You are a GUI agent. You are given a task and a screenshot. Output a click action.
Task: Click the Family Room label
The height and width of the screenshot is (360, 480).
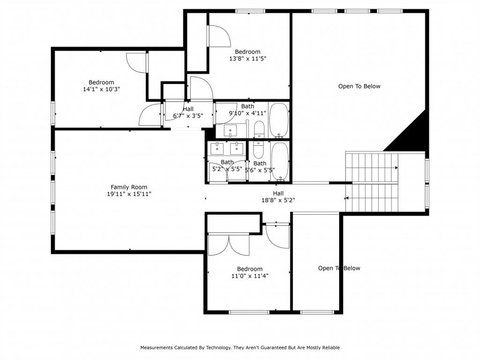pyautogui.click(x=129, y=187)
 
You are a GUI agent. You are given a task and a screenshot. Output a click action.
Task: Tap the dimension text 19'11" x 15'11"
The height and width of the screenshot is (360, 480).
pyautogui.click(x=129, y=194)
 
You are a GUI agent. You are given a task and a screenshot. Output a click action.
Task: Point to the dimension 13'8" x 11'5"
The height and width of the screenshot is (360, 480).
pyautogui.click(x=247, y=59)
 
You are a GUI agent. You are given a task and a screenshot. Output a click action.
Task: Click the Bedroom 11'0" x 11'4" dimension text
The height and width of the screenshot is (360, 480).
pyautogui.click(x=250, y=276)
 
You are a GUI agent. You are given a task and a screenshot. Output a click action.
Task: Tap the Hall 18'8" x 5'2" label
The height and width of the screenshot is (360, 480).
pyautogui.click(x=278, y=197)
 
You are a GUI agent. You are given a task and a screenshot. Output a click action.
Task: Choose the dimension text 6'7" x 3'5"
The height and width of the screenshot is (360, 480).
pyautogui.click(x=188, y=116)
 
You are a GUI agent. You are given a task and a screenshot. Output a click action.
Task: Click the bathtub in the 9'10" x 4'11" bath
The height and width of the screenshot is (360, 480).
pyautogui.click(x=279, y=120)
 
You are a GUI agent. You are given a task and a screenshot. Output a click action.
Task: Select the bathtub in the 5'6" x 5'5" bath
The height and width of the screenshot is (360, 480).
pyautogui.click(x=280, y=161)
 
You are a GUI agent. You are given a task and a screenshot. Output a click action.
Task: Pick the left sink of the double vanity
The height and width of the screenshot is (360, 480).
pyautogui.click(x=217, y=149)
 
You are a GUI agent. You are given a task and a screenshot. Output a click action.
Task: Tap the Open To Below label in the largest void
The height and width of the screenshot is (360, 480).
pyautogui.click(x=359, y=86)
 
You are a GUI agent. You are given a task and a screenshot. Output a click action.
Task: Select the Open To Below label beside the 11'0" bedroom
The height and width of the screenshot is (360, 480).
pyautogui.click(x=339, y=268)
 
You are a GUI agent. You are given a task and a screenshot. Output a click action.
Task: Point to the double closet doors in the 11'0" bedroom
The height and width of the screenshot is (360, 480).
pyautogui.click(x=228, y=245)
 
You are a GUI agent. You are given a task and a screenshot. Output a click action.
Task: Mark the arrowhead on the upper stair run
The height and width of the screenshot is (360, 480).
pyautogui.click(x=397, y=168)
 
